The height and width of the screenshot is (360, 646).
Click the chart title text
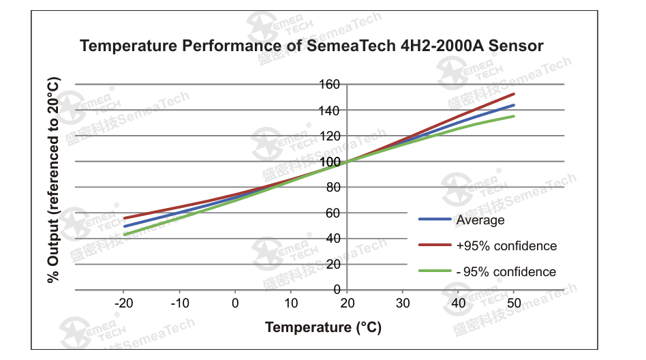point(311,46)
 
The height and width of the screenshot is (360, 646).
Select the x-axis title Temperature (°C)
point(324,327)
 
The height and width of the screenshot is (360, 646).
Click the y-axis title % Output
point(54,180)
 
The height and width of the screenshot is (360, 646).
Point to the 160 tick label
point(330,85)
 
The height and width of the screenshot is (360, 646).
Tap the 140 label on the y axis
point(330,110)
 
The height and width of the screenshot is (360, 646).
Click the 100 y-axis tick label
point(330,162)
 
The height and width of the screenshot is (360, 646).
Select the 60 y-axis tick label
point(332,213)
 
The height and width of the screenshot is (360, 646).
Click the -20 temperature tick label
point(123,303)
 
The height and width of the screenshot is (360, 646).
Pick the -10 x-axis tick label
point(179,303)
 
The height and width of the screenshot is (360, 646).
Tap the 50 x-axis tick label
point(514,303)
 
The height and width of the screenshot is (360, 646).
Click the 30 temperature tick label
point(402,303)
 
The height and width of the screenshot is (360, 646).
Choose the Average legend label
point(480,220)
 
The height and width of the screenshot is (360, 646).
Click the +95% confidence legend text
point(506,246)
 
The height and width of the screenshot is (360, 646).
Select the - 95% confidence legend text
point(506,272)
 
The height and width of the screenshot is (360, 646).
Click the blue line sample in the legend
point(434,220)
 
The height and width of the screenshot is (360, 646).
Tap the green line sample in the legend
point(434,271)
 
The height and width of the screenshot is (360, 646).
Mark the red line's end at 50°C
point(514,94)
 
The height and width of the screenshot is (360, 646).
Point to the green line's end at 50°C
point(514,116)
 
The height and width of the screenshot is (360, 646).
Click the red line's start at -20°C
point(124,218)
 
